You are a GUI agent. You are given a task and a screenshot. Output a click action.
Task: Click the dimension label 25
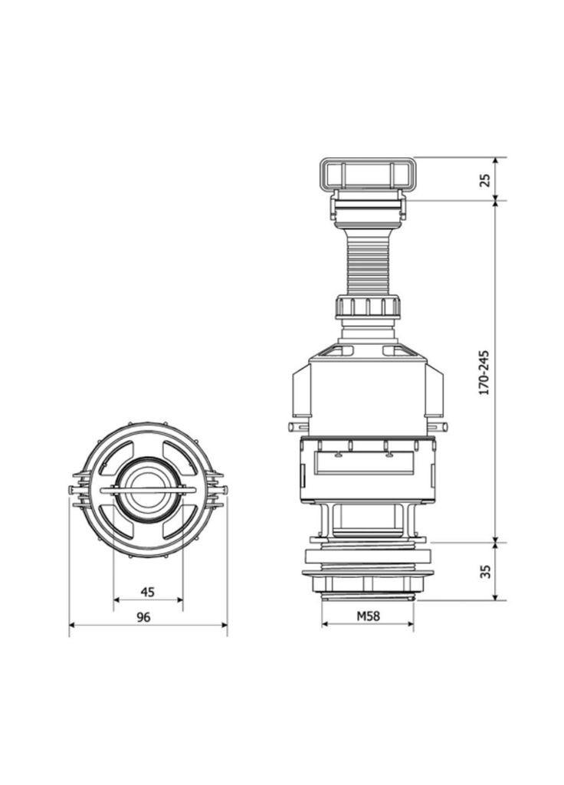484,179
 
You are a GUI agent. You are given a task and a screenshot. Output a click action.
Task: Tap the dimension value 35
484,571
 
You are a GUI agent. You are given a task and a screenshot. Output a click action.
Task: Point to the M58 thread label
368,616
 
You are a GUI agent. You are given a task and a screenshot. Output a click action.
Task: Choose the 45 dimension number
148,591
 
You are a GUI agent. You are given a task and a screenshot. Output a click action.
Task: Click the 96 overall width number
143,617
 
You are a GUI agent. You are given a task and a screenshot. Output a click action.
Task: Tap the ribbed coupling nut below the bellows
367,307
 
